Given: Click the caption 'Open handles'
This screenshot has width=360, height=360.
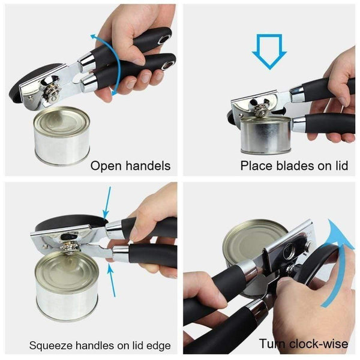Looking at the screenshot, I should click(130, 165).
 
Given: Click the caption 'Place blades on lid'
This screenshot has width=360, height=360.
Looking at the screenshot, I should click(294, 165).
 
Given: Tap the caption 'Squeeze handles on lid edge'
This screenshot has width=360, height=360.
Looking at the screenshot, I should click(100, 345).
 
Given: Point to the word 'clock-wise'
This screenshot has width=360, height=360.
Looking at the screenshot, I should click(317, 344).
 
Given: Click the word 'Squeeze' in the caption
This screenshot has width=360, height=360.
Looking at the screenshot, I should click(50, 346).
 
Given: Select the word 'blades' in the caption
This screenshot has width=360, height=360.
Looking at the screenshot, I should click(292, 165).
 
